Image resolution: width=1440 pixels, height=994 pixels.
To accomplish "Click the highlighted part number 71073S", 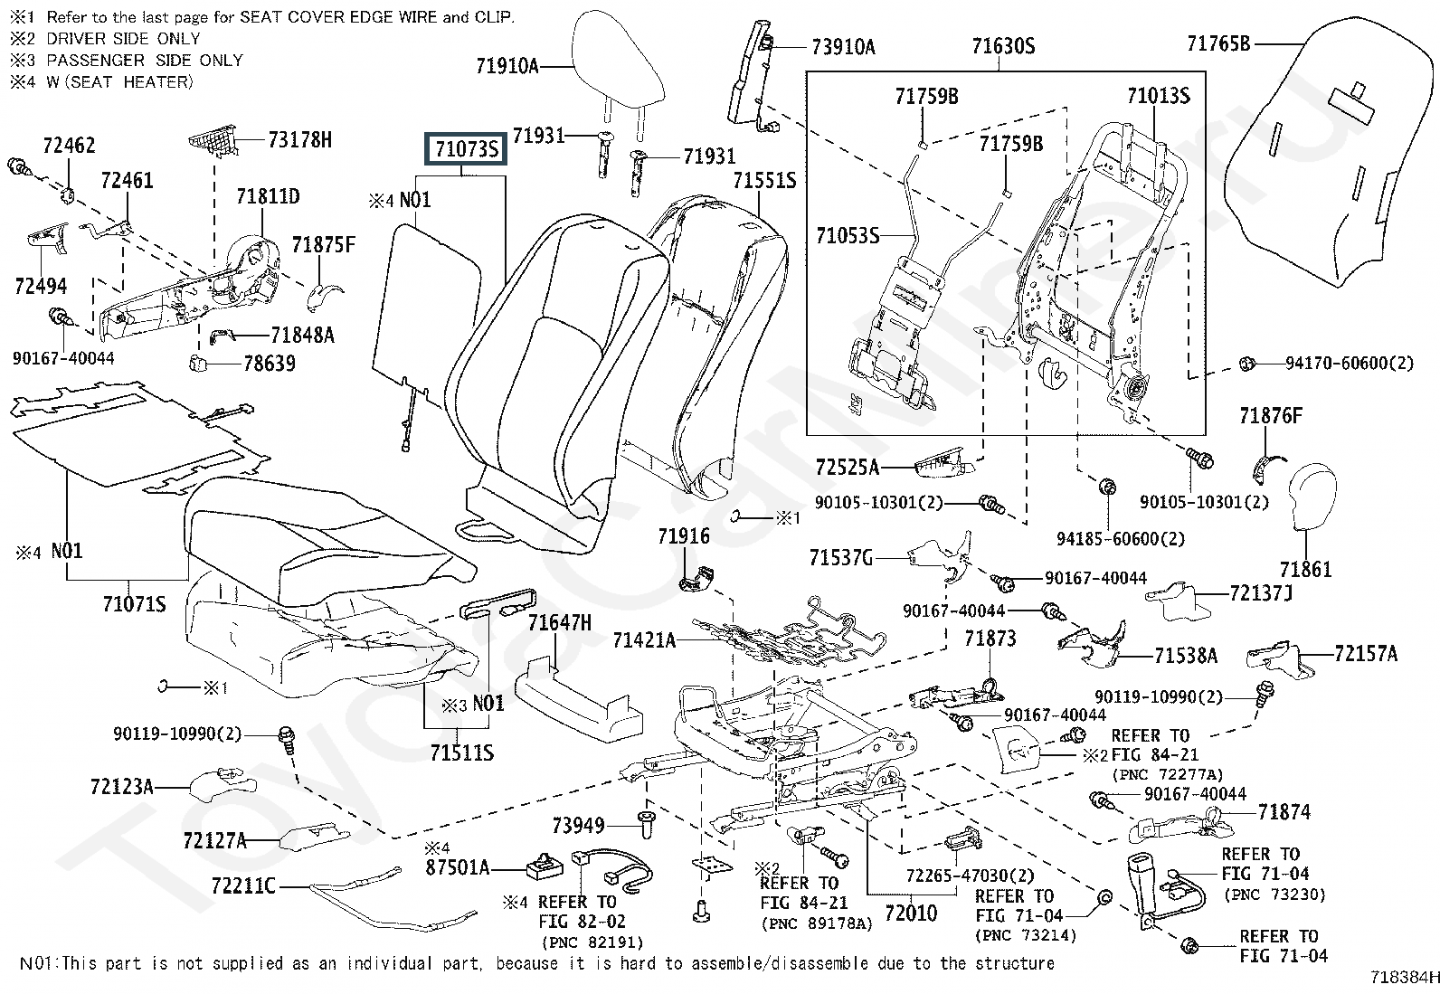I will click(x=467, y=149).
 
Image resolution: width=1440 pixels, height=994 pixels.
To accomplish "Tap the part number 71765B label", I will click(x=1217, y=43).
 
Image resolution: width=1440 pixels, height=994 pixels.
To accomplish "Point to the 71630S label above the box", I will click(x=1003, y=47).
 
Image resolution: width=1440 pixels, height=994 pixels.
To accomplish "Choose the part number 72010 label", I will click(x=910, y=913).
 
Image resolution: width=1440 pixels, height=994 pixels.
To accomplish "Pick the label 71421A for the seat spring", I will click(x=644, y=640).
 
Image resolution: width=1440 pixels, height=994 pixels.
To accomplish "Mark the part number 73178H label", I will click(x=299, y=139).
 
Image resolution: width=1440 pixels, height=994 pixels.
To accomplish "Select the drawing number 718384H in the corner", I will click(x=1404, y=978).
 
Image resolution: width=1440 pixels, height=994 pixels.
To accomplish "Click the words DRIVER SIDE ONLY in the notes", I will click(x=123, y=38).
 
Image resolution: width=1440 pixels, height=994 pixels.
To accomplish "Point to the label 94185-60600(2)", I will click(x=1120, y=539).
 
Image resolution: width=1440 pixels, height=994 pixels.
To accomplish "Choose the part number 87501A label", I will click(x=457, y=868).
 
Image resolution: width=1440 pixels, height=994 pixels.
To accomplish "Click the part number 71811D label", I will click(x=268, y=196).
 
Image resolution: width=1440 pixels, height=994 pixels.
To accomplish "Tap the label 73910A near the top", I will click(x=843, y=47).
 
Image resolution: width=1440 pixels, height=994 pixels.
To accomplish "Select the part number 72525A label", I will click(x=847, y=468).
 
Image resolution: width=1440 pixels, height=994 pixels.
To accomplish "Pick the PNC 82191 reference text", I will click(x=579, y=942).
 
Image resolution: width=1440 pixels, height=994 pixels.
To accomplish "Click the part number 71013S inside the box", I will click(x=1158, y=96).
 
